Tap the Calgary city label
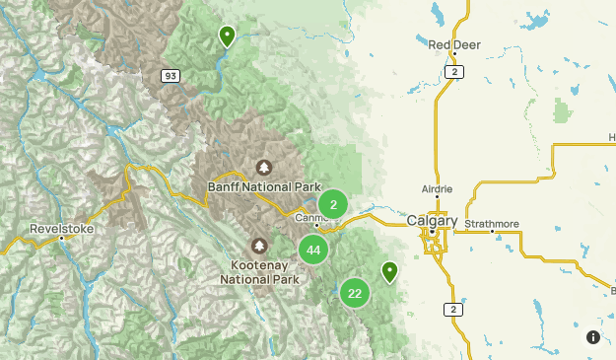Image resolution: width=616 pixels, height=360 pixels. point(432,221)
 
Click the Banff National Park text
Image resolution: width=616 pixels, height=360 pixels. point(264,186)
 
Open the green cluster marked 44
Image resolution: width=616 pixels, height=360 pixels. point(313,250)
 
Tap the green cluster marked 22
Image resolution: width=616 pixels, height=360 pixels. point(355,292)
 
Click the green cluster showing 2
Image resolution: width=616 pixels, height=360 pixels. point(333,204)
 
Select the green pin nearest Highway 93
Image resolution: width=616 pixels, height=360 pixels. point(227,37)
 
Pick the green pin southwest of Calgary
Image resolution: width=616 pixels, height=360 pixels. point(390,271)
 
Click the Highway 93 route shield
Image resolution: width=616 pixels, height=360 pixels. point(171,75)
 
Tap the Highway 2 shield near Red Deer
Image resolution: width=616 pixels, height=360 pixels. point(453,72)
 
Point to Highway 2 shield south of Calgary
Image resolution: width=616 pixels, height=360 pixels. point(454,309)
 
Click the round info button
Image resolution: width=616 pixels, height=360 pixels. point(593,337)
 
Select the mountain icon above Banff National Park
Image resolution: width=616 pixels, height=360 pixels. point(263,167)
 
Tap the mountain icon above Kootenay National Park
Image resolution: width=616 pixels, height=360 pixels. point(259,245)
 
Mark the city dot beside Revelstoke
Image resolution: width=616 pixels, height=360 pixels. point(61,237)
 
